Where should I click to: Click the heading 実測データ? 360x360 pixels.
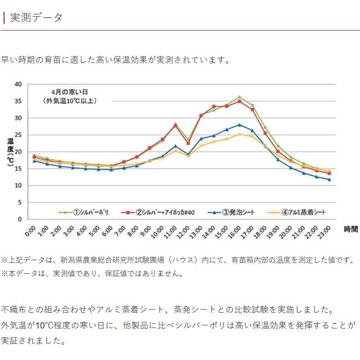[36, 18]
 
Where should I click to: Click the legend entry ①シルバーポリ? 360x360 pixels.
[85, 212]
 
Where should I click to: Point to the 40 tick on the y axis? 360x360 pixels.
[18, 84]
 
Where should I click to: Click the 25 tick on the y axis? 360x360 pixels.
[18, 135]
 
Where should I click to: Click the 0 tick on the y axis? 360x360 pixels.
[20, 219]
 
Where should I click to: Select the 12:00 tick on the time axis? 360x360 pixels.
[183, 231]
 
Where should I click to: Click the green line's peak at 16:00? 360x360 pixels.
[239, 97]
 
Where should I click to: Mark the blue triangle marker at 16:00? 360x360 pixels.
[239, 125]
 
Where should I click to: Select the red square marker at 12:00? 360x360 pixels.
[188, 143]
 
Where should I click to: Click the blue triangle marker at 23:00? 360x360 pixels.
[329, 180]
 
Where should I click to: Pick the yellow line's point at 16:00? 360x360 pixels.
[239, 134]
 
